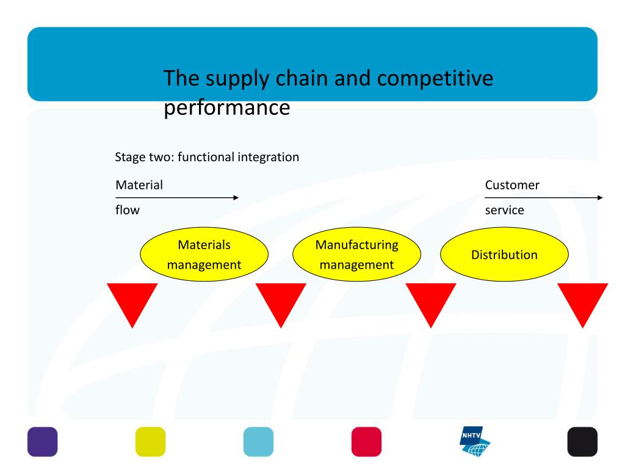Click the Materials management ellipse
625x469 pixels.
204,255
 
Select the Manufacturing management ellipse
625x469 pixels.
356,255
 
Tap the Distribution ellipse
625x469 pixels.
504,255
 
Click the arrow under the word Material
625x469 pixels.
177,197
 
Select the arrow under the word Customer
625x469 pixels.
544,197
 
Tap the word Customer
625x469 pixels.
512,185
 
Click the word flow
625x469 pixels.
128,210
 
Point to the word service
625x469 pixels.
505,210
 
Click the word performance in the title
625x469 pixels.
227,108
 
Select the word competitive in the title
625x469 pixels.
435,79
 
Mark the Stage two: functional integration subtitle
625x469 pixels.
207,157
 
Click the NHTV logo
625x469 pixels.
474,441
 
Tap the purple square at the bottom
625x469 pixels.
43,442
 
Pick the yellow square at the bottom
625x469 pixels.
150,442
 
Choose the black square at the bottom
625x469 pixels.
582,442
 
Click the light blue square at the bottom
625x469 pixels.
258,442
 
